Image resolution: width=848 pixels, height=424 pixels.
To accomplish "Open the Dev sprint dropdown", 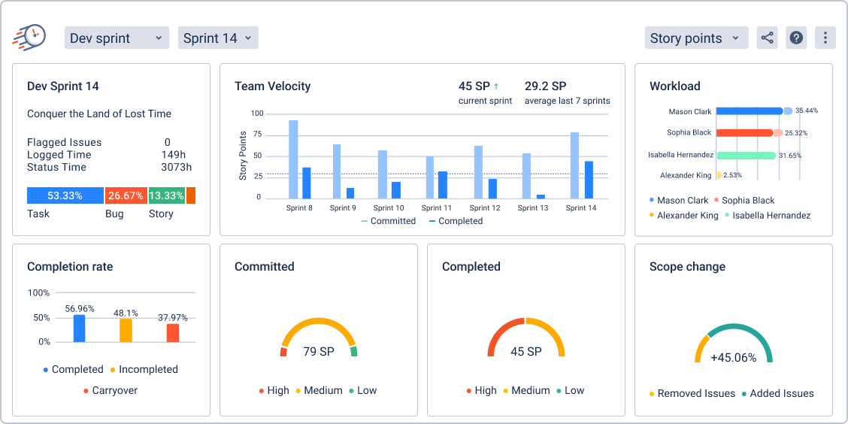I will [117, 38].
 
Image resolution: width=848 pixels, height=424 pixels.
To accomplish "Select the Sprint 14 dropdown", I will [218, 38].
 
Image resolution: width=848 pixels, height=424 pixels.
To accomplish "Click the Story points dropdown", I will [696, 38].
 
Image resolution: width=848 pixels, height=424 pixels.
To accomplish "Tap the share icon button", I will [767, 38].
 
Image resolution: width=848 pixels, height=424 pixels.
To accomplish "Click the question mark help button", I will [796, 38].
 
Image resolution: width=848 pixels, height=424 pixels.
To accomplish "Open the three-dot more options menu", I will [825, 38].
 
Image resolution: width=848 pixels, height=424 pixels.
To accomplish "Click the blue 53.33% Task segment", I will [65, 195].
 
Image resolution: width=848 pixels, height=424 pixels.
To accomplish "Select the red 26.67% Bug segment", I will [126, 195].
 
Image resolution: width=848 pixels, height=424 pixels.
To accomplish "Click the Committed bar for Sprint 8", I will [293, 159].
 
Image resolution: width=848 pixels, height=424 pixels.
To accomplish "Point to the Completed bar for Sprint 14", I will [589, 180].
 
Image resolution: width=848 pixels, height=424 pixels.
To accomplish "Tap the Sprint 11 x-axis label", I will [437, 208].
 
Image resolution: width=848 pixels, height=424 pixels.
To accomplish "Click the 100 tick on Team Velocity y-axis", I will [257, 114].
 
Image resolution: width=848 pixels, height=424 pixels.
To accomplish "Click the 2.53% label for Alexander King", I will [734, 175].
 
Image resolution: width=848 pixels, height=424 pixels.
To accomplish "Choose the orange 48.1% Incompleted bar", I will [126, 330].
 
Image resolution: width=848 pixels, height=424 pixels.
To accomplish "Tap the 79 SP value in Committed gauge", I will [319, 351].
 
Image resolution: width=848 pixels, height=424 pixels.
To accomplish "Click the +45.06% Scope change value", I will [733, 358].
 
